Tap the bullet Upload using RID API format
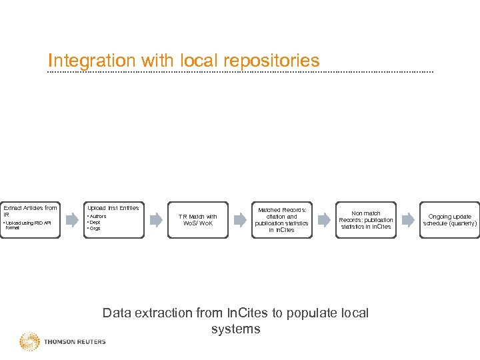coord(30,225)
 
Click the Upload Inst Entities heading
coord(113,209)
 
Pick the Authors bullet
coord(98,217)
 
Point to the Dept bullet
coord(95,223)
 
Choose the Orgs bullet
coord(95,229)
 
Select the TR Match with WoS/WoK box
coord(198,220)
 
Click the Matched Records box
coord(281,220)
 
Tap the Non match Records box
coord(365,220)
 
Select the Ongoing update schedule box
coord(449,220)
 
